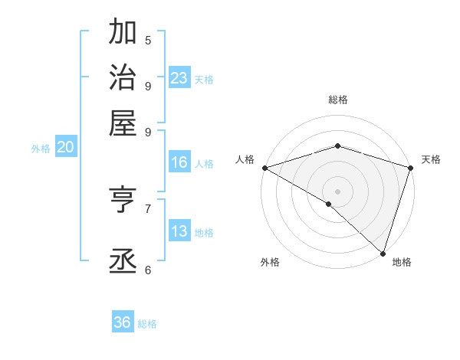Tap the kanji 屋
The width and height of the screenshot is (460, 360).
pyautogui.click(x=123, y=122)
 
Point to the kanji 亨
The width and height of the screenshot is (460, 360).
pyautogui.click(x=123, y=201)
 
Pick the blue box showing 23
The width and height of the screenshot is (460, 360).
pyautogui.click(x=179, y=78)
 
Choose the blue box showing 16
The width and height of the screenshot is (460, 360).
pyautogui.click(x=179, y=162)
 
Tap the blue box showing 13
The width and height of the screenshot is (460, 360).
pyautogui.click(x=179, y=231)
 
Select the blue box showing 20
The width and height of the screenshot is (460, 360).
pyautogui.click(x=65, y=148)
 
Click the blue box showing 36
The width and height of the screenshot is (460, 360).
pyautogui.click(x=123, y=322)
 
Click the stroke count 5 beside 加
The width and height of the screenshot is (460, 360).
pyautogui.click(x=148, y=40)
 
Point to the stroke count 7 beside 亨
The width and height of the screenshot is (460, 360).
pyautogui.click(x=148, y=208)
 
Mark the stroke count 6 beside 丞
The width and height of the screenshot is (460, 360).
pyautogui.click(x=148, y=269)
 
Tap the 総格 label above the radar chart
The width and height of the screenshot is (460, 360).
pyautogui.click(x=337, y=100)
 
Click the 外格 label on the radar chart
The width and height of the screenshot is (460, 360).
pyautogui.click(x=270, y=262)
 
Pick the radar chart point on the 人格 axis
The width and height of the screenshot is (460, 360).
pyautogui.click(x=264, y=168)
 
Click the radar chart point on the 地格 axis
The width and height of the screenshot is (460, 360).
pyautogui.click(x=383, y=253)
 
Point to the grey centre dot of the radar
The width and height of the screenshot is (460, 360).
pyautogui.click(x=337, y=191)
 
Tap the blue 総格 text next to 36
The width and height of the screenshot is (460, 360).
pyautogui.click(x=147, y=324)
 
